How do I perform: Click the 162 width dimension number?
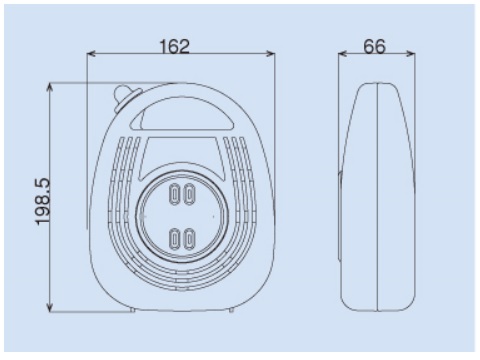(x=175, y=46)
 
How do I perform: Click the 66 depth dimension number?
(x=374, y=46)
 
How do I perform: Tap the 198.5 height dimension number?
(x=43, y=201)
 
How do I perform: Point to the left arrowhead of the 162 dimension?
(x=91, y=53)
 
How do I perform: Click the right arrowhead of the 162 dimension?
(x=271, y=53)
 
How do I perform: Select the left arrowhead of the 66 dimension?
(x=343, y=53)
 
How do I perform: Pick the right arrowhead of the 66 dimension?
(x=411, y=53)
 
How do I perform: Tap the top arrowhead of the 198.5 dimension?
(x=50, y=87)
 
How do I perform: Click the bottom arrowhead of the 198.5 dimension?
(x=50, y=307)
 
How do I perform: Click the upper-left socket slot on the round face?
(x=175, y=194)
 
